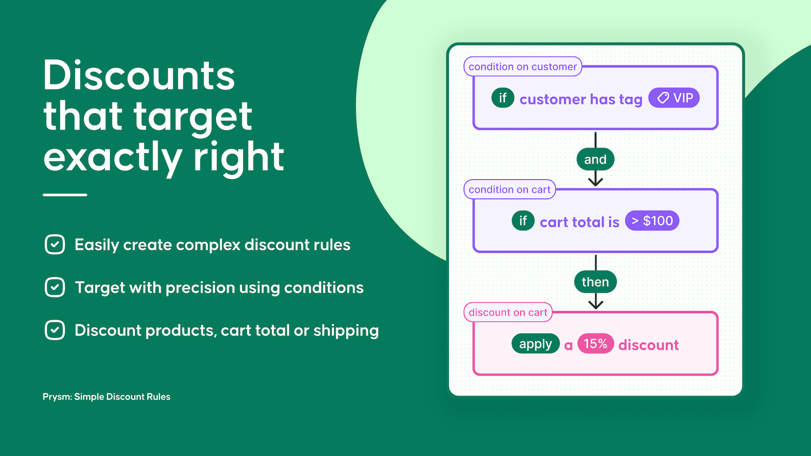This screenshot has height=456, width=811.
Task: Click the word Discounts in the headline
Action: pyautogui.click(x=139, y=76)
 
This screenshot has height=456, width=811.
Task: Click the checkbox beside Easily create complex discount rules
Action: pyautogui.click(x=55, y=245)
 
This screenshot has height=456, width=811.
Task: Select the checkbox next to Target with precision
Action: pyautogui.click(x=55, y=287)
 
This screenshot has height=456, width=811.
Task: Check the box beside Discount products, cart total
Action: pyautogui.click(x=55, y=330)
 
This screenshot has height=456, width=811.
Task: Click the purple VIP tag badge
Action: pyautogui.click(x=674, y=98)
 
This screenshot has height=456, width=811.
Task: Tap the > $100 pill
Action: pyautogui.click(x=652, y=221)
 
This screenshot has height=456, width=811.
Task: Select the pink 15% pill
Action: pyautogui.click(x=595, y=344)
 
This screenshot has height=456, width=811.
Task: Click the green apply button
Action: pyautogui.click(x=535, y=344)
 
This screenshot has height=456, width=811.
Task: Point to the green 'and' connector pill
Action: pyautogui.click(x=595, y=160)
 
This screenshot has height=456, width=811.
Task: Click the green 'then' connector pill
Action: pyautogui.click(x=595, y=282)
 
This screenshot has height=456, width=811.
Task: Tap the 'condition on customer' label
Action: pyautogui.click(x=523, y=66)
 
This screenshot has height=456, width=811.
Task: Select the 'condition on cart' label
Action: pyautogui.click(x=509, y=189)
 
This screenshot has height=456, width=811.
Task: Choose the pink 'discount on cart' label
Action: pyautogui.click(x=508, y=313)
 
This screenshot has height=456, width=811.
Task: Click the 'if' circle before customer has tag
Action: pyautogui.click(x=502, y=98)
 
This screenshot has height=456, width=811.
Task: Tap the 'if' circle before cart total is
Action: pyautogui.click(x=523, y=221)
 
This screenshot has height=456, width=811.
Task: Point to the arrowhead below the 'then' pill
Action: pyautogui.click(x=596, y=305)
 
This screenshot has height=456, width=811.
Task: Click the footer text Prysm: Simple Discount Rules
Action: pyautogui.click(x=106, y=397)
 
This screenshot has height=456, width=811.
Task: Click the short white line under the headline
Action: pyautogui.click(x=65, y=195)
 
